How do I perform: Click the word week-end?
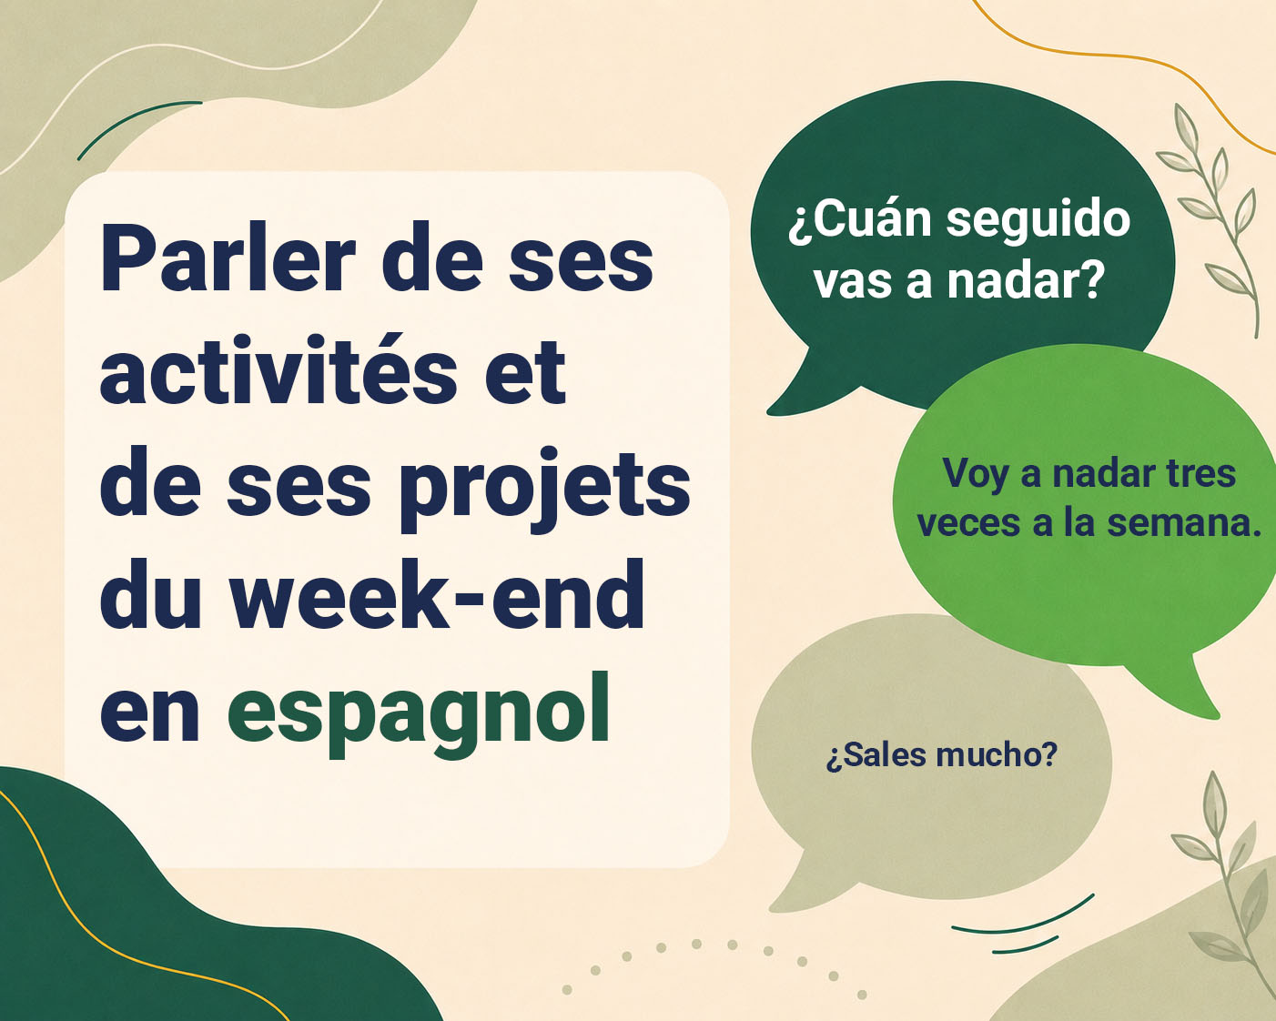[x=438, y=593]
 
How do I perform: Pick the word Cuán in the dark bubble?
[x=860, y=219]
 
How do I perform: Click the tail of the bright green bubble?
[x=1180, y=688]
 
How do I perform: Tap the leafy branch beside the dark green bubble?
[x=1210, y=219]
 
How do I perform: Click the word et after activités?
[x=525, y=372]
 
